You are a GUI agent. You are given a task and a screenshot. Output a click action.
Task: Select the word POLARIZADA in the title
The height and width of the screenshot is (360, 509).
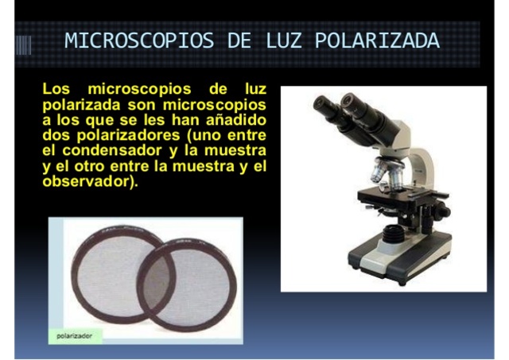(377, 41)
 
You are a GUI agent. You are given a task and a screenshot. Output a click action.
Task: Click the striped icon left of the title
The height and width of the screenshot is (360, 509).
(24, 42)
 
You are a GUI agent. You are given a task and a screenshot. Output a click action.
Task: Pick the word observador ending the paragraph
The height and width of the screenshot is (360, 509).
(87, 181)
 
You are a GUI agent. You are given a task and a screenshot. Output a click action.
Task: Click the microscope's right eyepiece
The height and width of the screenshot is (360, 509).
(353, 102)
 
